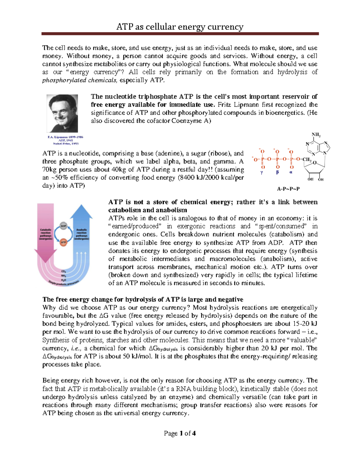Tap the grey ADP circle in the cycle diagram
click(x=63, y=226)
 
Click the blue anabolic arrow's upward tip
click(x=81, y=206)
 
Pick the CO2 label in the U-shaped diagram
click(x=64, y=271)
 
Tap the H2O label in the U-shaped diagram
click(x=64, y=280)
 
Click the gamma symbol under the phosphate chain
click(x=262, y=173)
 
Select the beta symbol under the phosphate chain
click(x=277, y=173)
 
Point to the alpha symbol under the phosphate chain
click(x=291, y=173)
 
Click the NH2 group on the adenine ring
click(x=316, y=134)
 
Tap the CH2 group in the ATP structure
click(x=307, y=159)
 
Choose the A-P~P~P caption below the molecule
click(x=288, y=189)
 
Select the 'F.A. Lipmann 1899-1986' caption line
click(x=65, y=137)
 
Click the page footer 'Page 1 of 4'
click(x=180, y=433)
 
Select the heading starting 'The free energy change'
click(x=143, y=299)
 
